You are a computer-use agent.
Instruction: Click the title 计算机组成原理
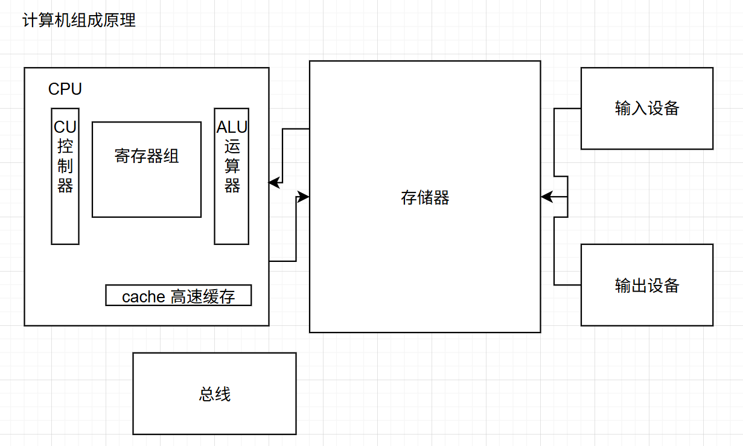(79, 21)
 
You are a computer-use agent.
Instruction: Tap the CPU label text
(65, 89)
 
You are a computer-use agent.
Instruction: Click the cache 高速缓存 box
(179, 296)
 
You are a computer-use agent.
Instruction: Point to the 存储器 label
(425, 198)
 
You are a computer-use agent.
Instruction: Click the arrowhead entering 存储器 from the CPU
(304, 196)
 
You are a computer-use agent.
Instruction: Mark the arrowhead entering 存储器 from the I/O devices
(546, 197)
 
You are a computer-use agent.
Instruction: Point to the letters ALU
(232, 128)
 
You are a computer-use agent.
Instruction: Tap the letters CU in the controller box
(65, 127)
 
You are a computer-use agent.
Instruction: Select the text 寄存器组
(147, 156)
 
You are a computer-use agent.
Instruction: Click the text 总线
(214, 395)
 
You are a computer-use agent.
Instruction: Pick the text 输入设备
(647, 109)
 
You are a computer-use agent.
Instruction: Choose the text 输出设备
(647, 285)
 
